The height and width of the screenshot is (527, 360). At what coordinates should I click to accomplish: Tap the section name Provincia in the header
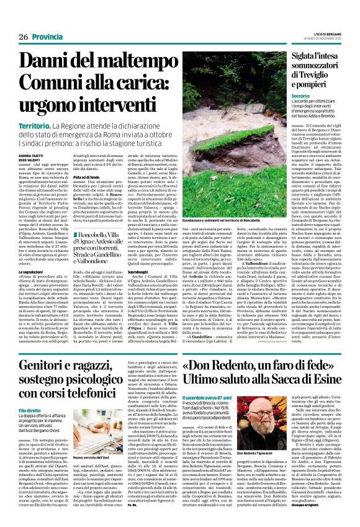tap(48, 19)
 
